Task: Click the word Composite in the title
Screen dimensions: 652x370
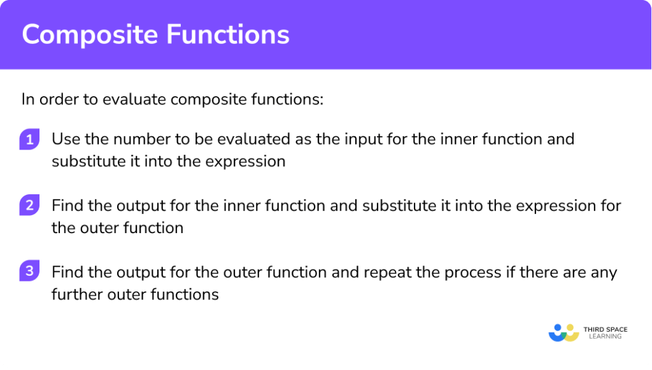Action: click(x=90, y=35)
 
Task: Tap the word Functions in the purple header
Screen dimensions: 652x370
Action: click(x=228, y=34)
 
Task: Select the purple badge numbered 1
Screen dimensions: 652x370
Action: click(x=29, y=139)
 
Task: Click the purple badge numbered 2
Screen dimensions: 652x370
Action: click(x=29, y=205)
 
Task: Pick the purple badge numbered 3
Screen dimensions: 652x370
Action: click(x=29, y=271)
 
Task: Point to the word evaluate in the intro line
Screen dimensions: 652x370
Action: click(x=134, y=99)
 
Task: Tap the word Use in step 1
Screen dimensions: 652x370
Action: click(x=66, y=139)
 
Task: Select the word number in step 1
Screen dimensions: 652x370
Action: click(x=142, y=139)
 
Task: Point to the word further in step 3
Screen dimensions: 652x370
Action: click(x=77, y=294)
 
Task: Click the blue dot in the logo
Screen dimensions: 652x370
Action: click(x=558, y=327)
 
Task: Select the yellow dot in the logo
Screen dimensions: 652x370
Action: click(x=570, y=327)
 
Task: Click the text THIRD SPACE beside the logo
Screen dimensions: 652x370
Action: click(x=606, y=329)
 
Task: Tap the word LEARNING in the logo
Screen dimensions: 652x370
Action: click(x=606, y=336)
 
